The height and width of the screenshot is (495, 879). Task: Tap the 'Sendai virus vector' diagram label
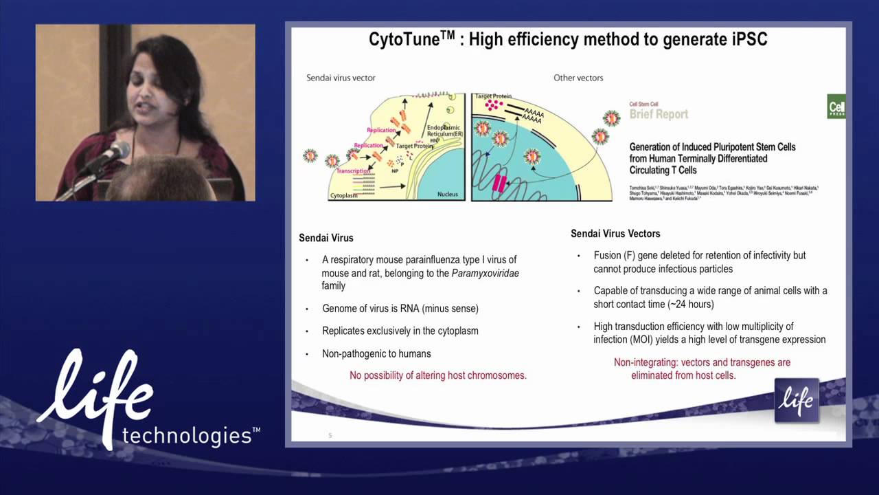pyautogui.click(x=341, y=78)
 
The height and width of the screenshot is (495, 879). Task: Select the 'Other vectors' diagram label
pyautogui.click(x=578, y=78)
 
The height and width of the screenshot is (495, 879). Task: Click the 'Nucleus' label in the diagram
pyautogui.click(x=447, y=195)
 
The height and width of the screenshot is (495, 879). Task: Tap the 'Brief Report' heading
pyautogui.click(x=659, y=114)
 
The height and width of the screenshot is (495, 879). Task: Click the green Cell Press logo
pyautogui.click(x=836, y=107)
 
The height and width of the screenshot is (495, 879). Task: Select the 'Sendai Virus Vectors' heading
pyautogui.click(x=615, y=234)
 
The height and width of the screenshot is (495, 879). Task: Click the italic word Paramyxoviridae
pyautogui.click(x=485, y=273)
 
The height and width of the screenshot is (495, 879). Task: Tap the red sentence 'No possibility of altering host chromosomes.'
pyautogui.click(x=438, y=375)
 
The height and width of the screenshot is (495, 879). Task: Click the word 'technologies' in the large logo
pyautogui.click(x=186, y=435)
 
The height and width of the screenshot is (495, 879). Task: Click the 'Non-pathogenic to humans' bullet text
pyautogui.click(x=376, y=354)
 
